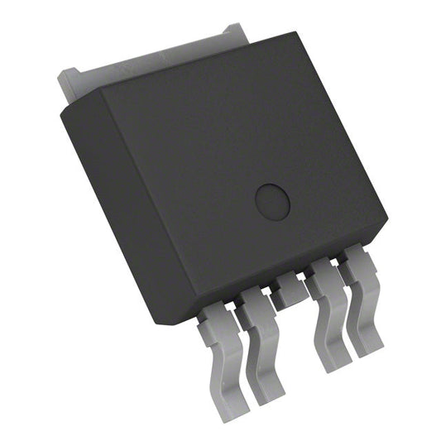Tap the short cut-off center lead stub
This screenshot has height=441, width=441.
pos(289,289)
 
